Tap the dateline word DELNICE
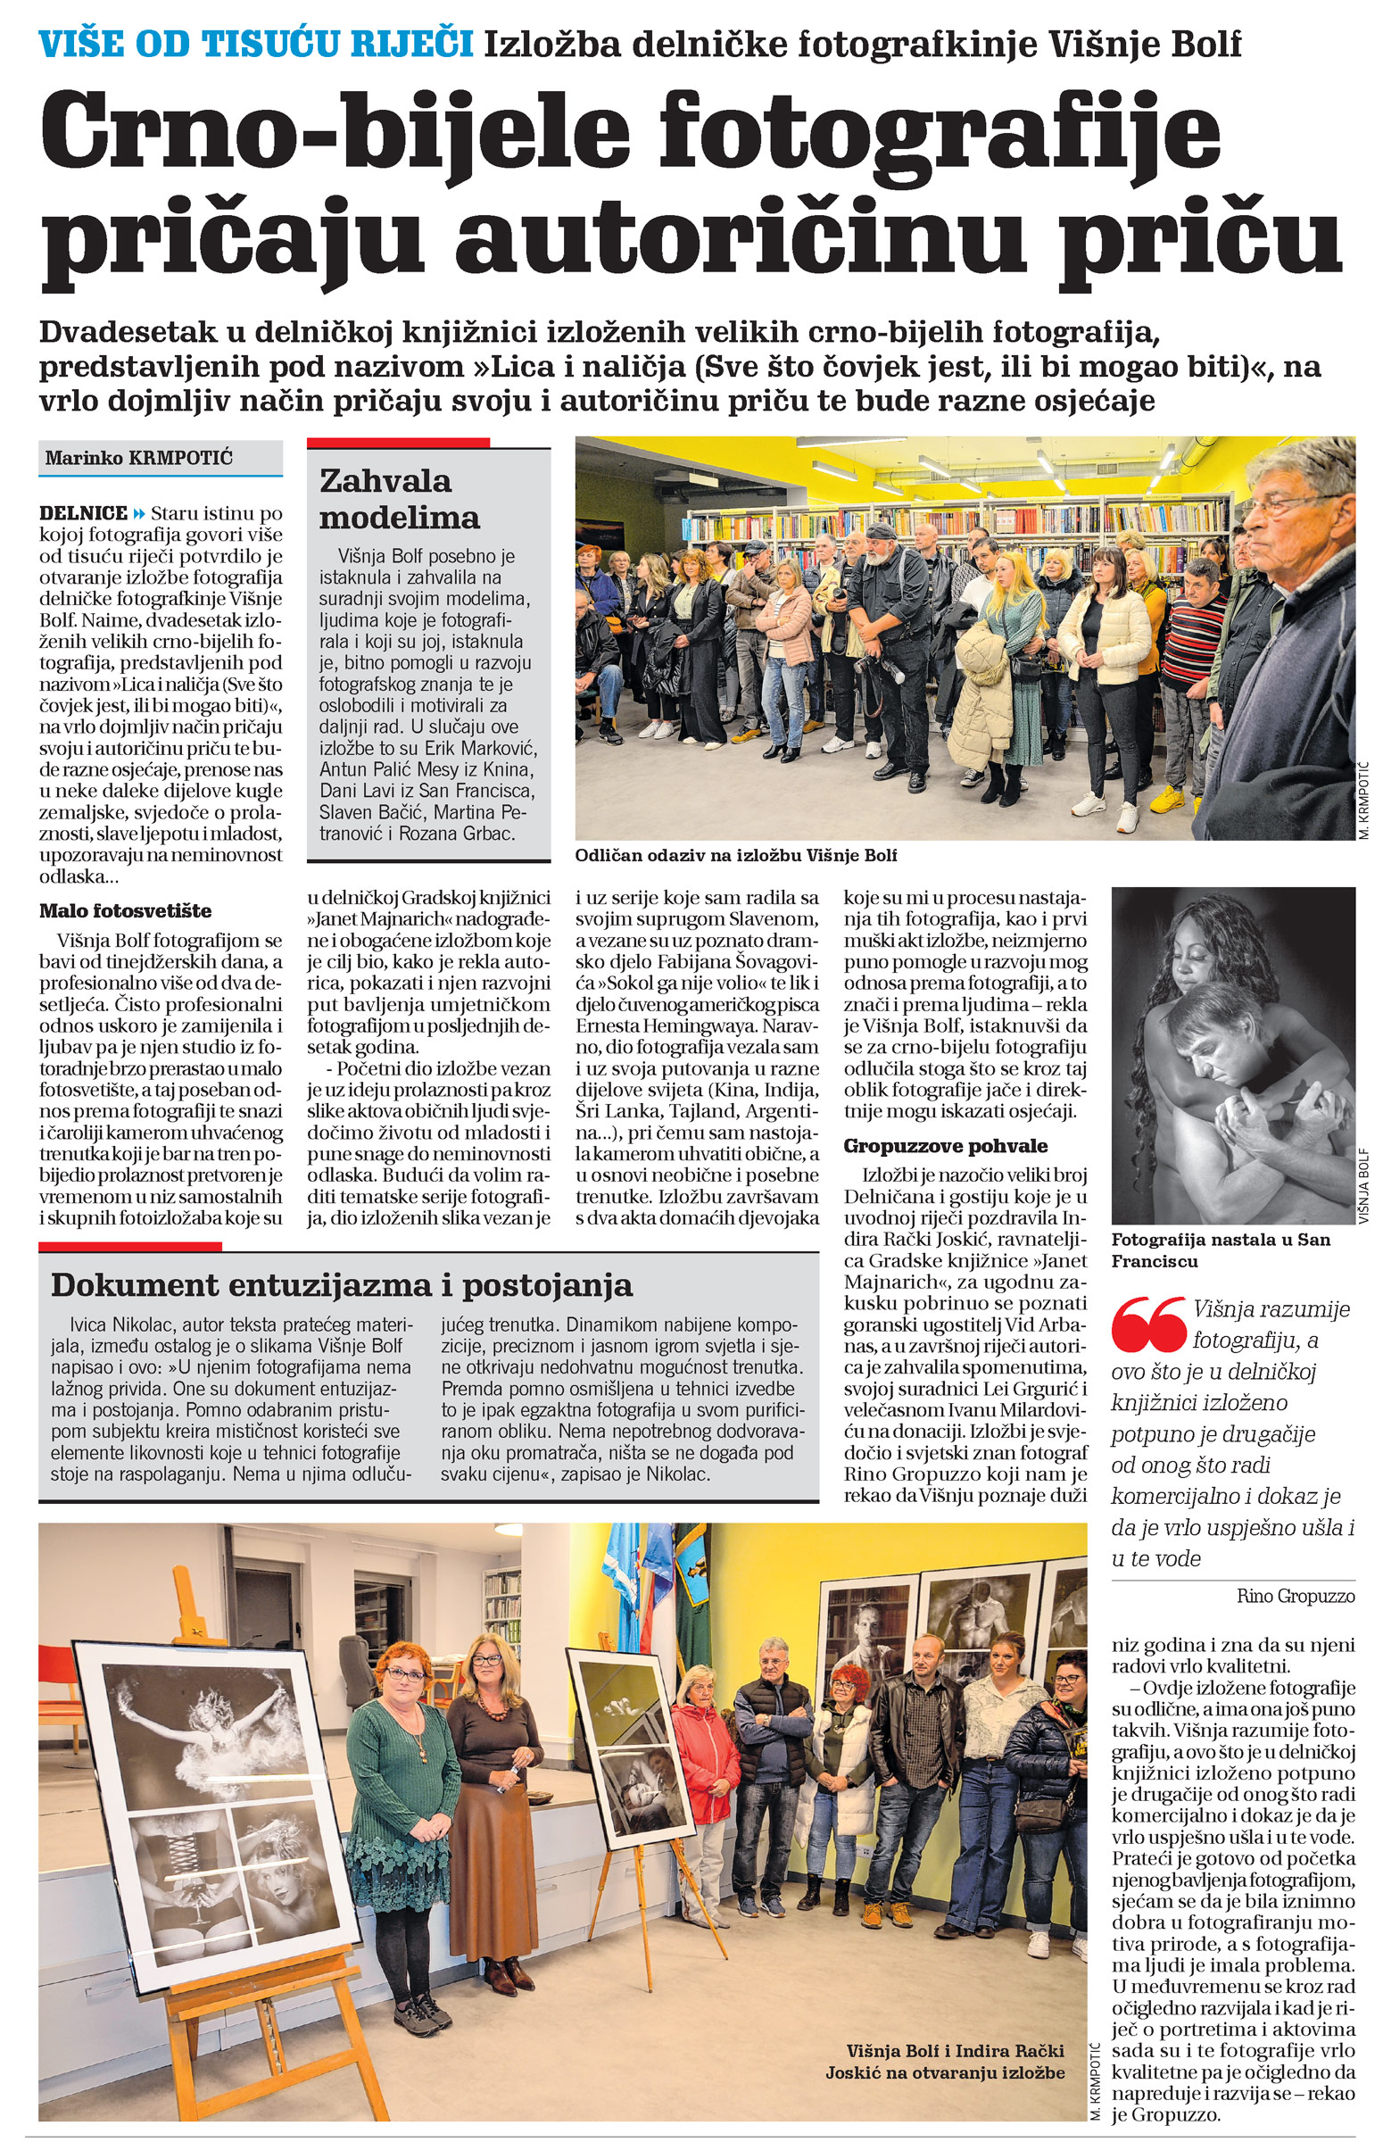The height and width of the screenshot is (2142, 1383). pyautogui.click(x=84, y=513)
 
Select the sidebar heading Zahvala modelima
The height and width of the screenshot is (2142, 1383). pyautogui.click(x=399, y=498)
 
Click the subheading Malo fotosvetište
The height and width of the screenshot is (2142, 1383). pyautogui.click(x=125, y=910)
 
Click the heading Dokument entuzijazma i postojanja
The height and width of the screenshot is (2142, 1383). pyautogui.click(x=341, y=1285)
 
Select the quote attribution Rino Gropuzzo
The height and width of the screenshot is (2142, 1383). pyautogui.click(x=1295, y=1596)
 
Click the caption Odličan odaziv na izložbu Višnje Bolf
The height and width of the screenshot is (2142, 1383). pyautogui.click(x=735, y=855)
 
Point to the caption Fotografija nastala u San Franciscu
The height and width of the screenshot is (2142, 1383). pyautogui.click(x=1221, y=1250)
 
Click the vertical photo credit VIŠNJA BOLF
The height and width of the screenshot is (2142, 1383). pyautogui.click(x=1362, y=1185)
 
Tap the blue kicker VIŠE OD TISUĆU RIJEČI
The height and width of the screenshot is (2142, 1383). pyautogui.click(x=256, y=42)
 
